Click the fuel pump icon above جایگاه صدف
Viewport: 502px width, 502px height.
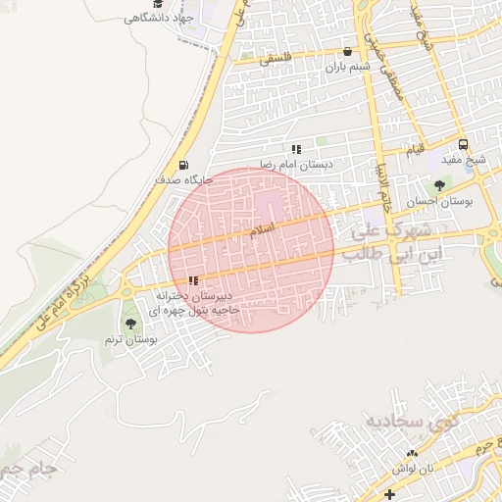[x=182, y=165]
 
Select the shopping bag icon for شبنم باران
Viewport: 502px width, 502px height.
[x=347, y=53]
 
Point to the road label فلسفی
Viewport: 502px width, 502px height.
[x=280, y=59]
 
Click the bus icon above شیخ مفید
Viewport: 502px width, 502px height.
[x=463, y=145]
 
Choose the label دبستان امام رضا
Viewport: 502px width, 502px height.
[x=296, y=165]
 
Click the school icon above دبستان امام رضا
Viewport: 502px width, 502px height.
[x=296, y=149]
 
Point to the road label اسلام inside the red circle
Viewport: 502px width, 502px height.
[x=263, y=227]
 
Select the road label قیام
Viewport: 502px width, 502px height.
[x=416, y=150]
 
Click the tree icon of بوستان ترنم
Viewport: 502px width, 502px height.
[x=130, y=324]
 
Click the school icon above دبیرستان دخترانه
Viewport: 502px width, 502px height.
[x=192, y=280]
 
